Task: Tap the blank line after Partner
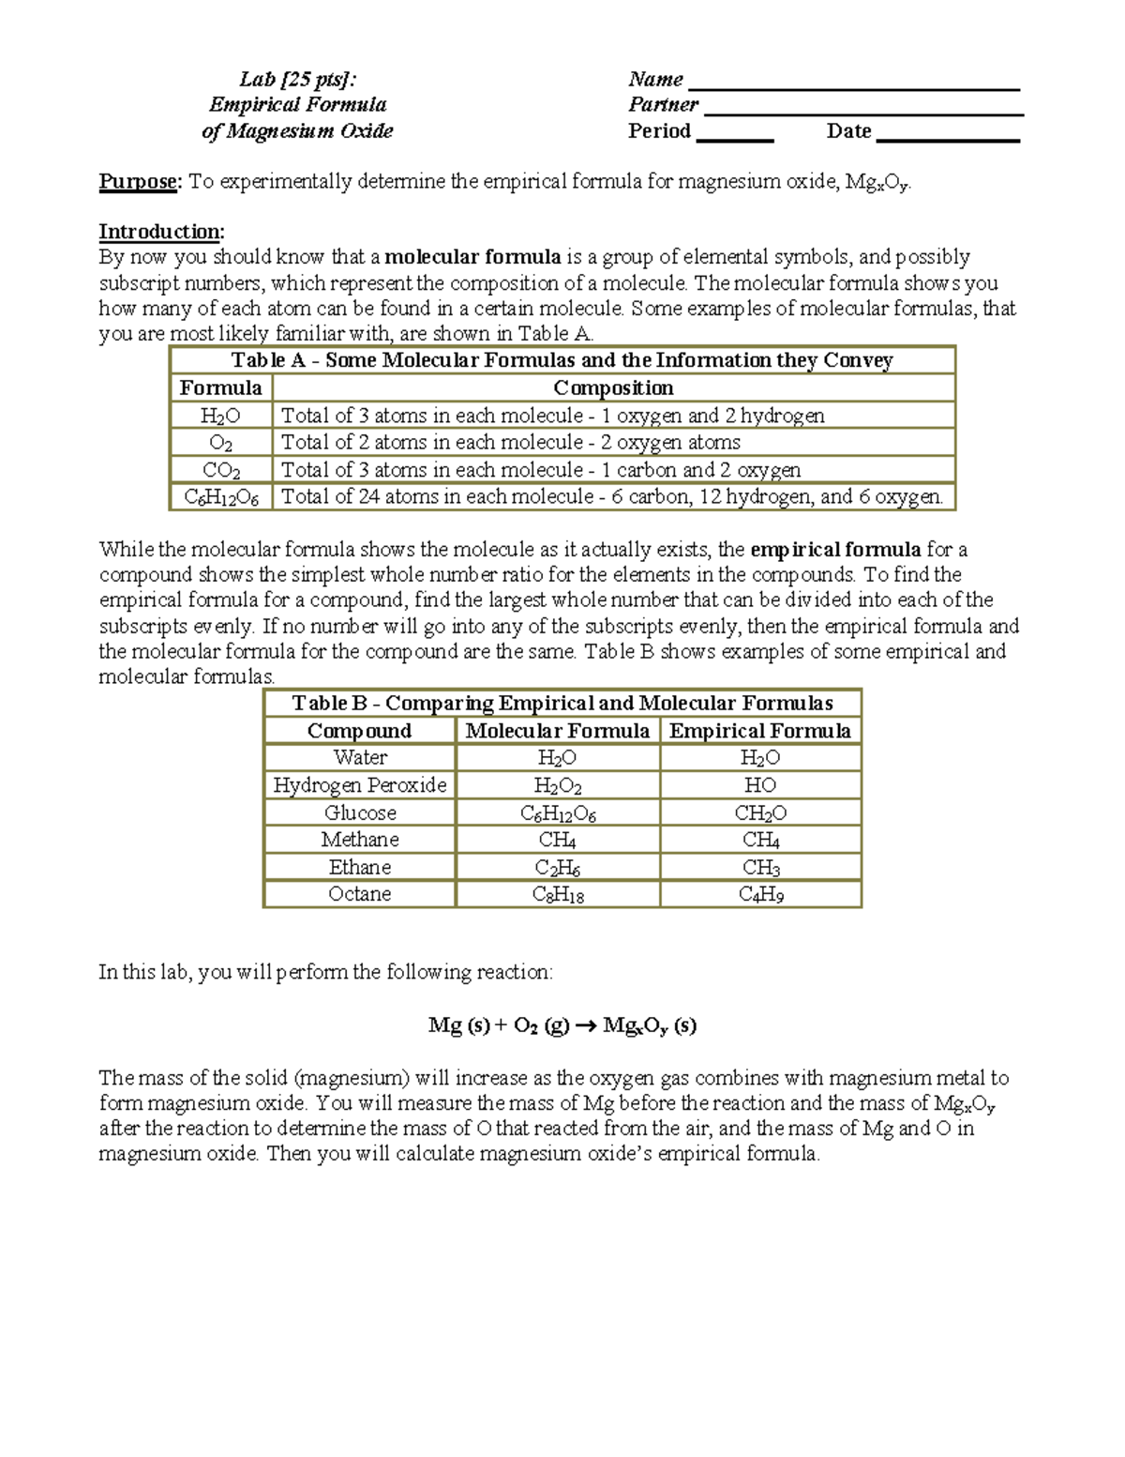(862, 112)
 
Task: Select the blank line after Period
(735, 137)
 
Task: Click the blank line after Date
(947, 137)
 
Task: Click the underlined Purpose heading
(139, 181)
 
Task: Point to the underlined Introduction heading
(161, 232)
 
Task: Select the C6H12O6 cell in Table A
(221, 497)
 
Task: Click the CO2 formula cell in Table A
(221, 470)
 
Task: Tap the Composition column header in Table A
(613, 388)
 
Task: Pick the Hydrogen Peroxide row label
(360, 785)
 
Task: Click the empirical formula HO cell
(760, 785)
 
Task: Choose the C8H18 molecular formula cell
(558, 895)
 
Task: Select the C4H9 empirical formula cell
(760, 895)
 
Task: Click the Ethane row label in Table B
(360, 868)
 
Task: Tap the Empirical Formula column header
(760, 731)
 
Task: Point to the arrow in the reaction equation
(586, 1026)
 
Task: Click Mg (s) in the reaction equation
(458, 1025)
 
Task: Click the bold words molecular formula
(473, 257)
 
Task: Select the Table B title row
(562, 704)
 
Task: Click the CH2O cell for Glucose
(760, 813)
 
